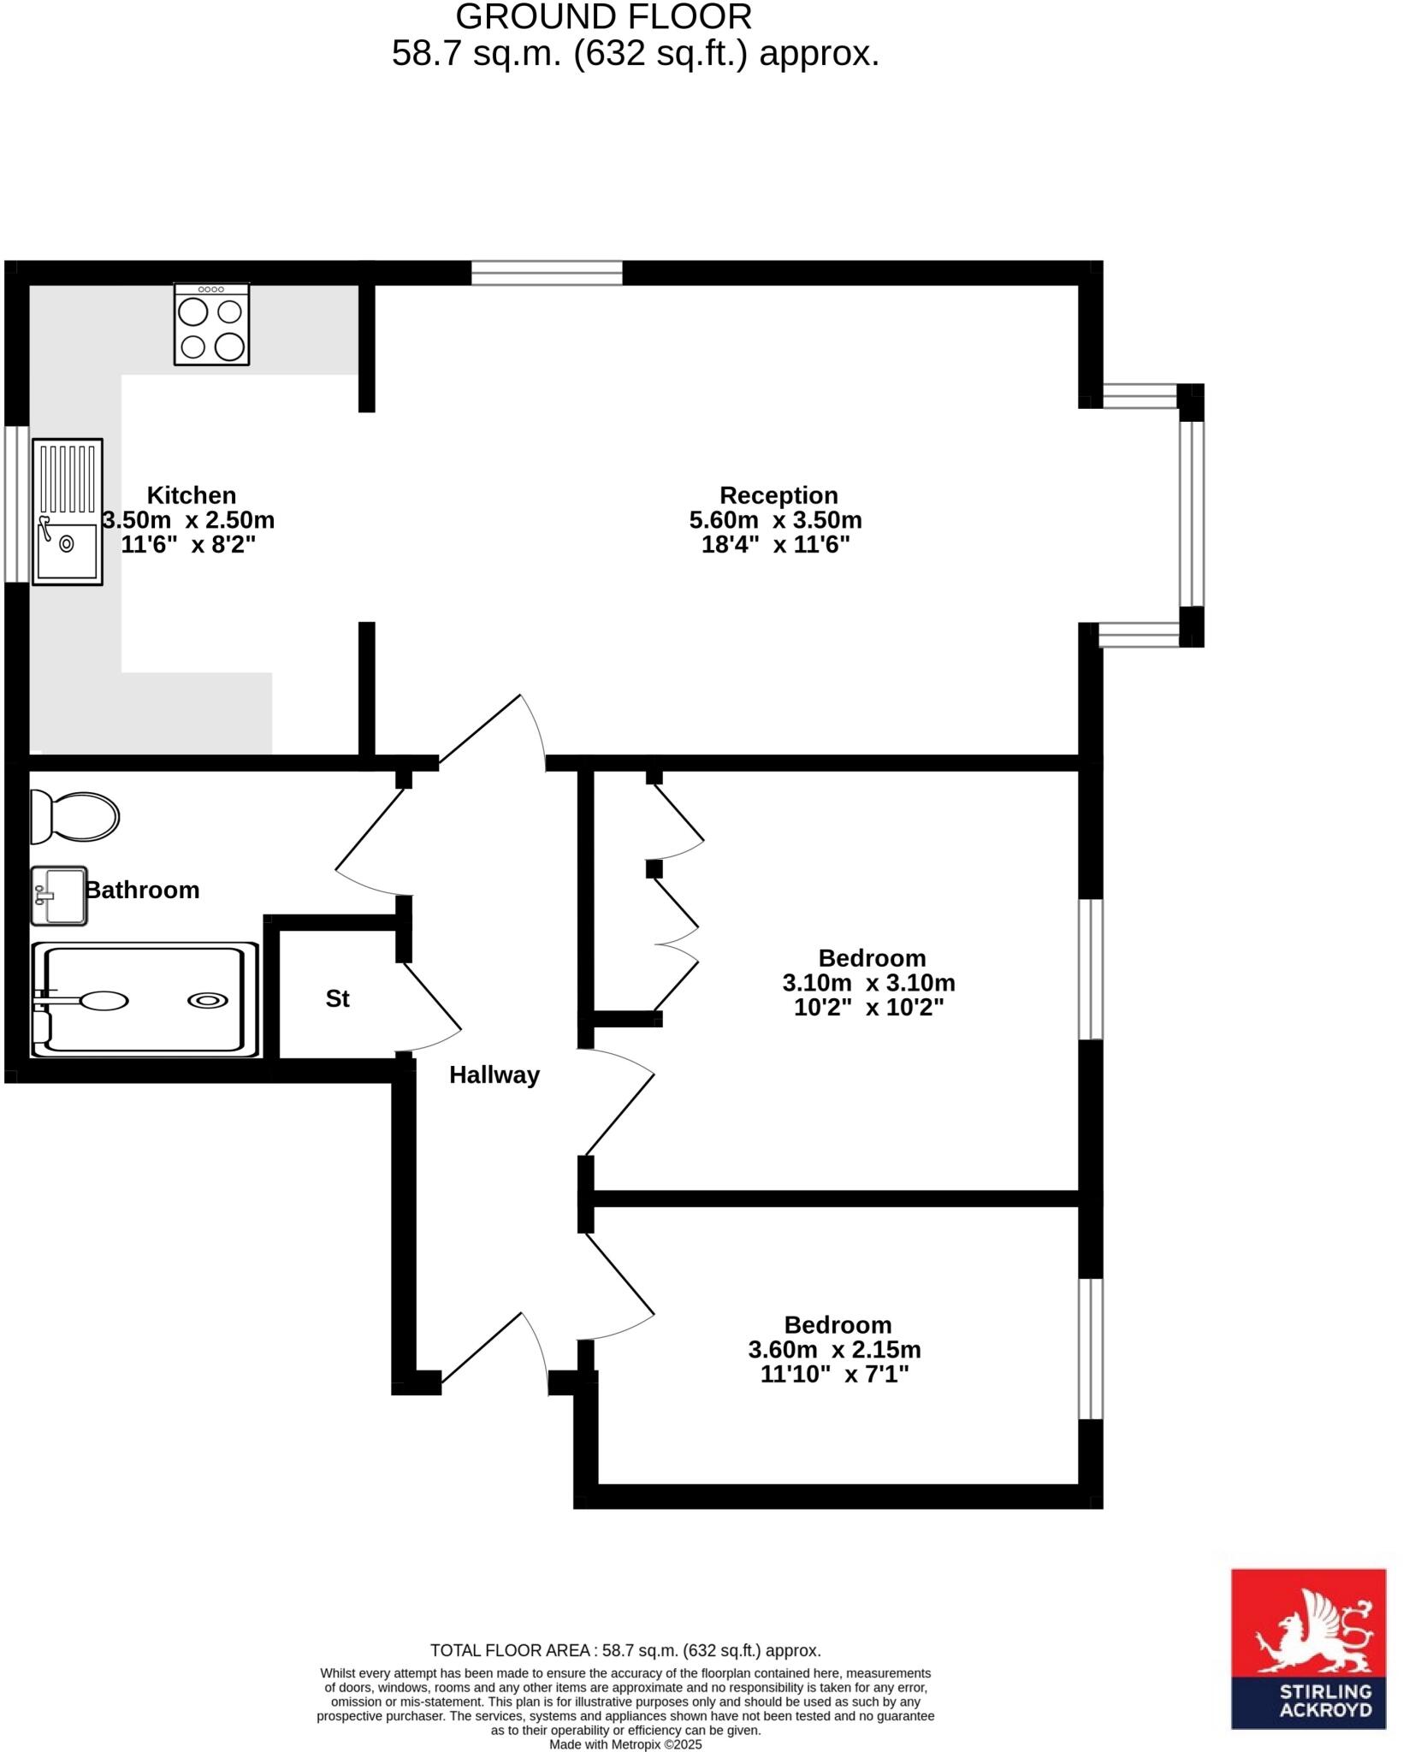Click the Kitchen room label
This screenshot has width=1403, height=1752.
tap(191, 495)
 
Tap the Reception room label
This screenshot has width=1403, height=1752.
tap(778, 495)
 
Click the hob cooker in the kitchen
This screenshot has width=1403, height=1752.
tap(211, 325)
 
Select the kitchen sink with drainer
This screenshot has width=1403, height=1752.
tap(68, 512)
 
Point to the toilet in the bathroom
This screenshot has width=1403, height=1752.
tap(75, 816)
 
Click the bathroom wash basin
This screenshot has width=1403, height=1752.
tap(59, 896)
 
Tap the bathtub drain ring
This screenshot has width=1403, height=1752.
tap(208, 1000)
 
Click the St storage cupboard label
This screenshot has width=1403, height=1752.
tap(337, 998)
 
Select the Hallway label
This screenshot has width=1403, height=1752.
tap(494, 1075)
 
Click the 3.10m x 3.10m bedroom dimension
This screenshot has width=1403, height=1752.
tap(868, 983)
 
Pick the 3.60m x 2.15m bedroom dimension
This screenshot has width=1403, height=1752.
tap(834, 1350)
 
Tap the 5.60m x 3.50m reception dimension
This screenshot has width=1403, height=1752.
tap(775, 520)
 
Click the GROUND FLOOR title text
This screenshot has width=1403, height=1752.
tap(603, 17)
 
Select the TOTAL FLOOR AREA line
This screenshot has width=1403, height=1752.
tap(625, 1650)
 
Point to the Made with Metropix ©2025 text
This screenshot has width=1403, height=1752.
tap(625, 1744)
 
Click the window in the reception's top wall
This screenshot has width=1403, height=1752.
tap(547, 273)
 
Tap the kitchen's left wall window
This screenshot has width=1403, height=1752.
tap(16, 504)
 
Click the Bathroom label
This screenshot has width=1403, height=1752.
tap(142, 891)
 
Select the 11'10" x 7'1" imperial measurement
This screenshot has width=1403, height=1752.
tap(834, 1375)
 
